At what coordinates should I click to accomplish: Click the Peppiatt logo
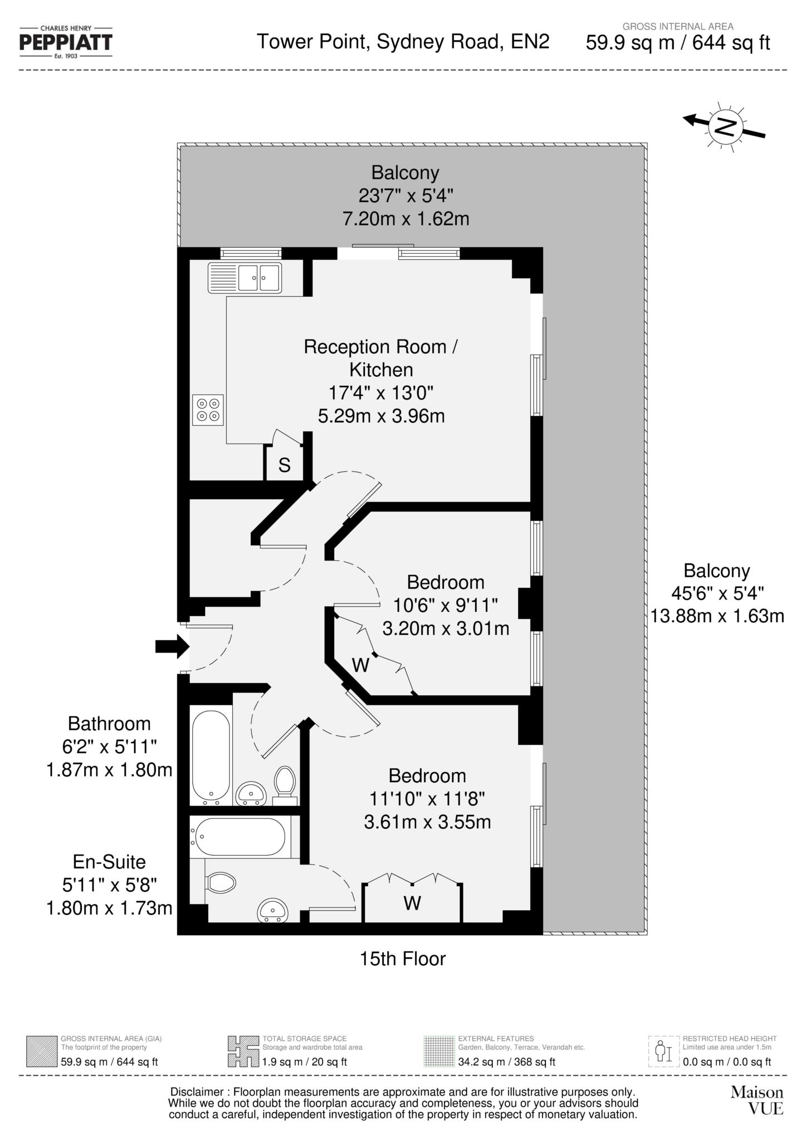pyautogui.click(x=66, y=42)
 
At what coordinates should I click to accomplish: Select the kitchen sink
pyautogui.click(x=245, y=277)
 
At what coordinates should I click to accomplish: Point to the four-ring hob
pyautogui.click(x=208, y=410)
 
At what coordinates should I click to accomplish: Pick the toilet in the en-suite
pyautogui.click(x=221, y=882)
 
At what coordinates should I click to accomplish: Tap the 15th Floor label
pyautogui.click(x=403, y=959)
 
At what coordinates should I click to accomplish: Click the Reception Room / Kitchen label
pyautogui.click(x=381, y=358)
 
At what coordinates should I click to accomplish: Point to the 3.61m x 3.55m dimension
pyautogui.click(x=427, y=822)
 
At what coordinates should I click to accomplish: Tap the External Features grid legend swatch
pyautogui.click(x=439, y=1051)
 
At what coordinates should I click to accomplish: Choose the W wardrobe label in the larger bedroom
pyautogui.click(x=412, y=902)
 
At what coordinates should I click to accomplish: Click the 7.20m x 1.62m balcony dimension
pyautogui.click(x=406, y=219)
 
